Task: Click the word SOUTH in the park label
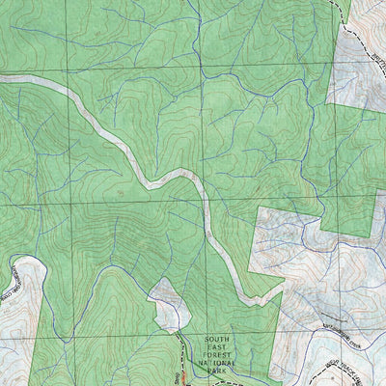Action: point(218,340)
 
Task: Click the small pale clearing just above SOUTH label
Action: point(166,307)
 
